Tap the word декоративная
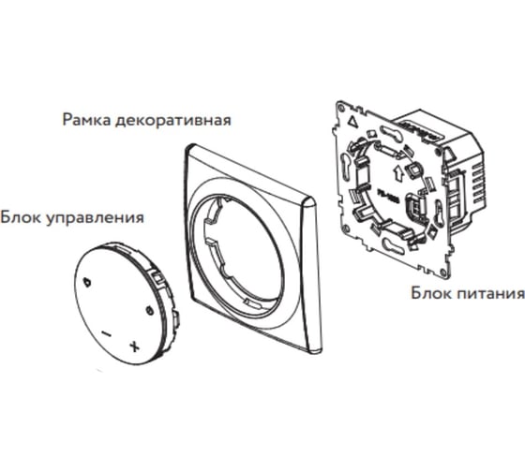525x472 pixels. tap(173, 121)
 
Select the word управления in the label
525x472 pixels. tap(95, 218)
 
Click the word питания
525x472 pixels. tap(490, 293)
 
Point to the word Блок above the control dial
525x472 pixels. tap(21, 217)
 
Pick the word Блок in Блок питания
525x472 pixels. tap(431, 293)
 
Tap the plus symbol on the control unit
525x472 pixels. tap(135, 347)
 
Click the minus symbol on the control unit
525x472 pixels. tap(106, 333)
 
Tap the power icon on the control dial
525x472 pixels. tap(149, 310)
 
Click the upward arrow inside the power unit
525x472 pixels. tap(398, 173)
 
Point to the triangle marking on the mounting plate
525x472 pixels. tap(352, 121)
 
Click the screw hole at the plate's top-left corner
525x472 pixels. tap(341, 109)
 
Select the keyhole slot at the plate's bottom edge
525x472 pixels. tap(395, 244)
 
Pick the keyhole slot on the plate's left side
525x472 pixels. tap(345, 163)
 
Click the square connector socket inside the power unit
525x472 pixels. tap(412, 170)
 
